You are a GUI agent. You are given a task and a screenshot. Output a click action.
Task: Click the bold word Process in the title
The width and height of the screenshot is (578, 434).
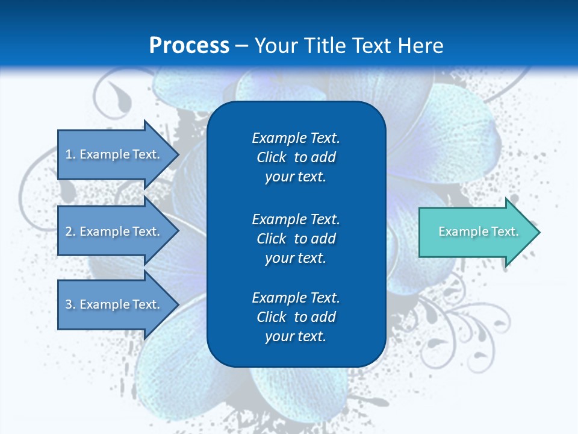click(189, 46)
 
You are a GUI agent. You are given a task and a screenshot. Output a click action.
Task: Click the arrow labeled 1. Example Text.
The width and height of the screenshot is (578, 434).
click(114, 154)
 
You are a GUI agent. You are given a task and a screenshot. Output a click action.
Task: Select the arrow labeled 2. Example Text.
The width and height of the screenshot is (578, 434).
click(114, 231)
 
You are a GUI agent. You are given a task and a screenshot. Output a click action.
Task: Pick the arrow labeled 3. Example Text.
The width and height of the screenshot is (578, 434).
click(114, 304)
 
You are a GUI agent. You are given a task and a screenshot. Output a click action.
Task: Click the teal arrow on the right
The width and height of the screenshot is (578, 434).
click(476, 231)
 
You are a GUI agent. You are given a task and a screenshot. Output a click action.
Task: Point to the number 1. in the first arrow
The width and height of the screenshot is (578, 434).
click(70, 154)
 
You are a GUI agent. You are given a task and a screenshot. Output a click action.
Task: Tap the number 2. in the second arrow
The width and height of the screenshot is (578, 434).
click(70, 231)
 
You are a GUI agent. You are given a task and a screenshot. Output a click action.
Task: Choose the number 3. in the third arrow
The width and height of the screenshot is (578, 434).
click(70, 304)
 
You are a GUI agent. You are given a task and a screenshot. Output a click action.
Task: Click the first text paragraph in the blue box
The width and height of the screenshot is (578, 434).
click(296, 157)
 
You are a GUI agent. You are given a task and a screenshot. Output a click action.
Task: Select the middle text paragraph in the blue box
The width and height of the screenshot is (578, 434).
click(296, 238)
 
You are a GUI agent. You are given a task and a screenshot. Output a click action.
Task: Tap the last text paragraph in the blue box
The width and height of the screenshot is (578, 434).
click(296, 317)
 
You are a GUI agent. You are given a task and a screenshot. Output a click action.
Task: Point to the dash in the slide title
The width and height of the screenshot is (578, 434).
click(241, 46)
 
